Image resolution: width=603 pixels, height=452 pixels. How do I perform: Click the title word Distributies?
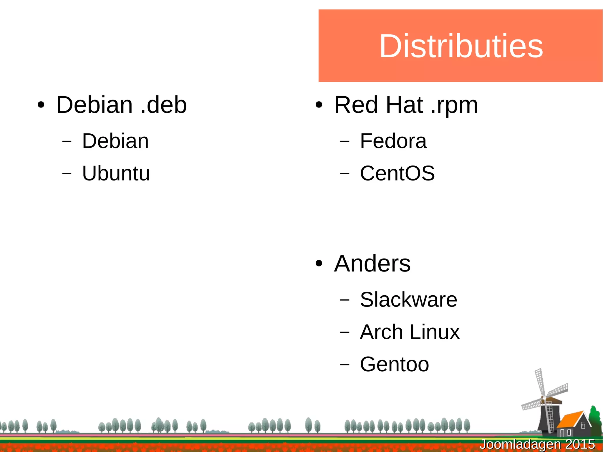461,46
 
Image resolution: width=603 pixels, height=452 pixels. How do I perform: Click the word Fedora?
393,141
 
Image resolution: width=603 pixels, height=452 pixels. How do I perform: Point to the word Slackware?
408,300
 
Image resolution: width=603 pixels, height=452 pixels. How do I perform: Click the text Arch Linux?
410,332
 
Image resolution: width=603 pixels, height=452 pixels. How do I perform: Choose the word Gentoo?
394,365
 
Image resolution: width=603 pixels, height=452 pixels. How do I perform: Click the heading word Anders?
372,264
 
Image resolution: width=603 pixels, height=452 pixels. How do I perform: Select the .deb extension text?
164,105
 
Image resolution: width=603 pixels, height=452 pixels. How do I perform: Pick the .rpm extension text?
454,105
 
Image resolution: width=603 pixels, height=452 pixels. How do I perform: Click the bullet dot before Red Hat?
319,105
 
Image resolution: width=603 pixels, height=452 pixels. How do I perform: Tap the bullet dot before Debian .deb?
41,105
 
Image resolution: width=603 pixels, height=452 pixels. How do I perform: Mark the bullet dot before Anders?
319,264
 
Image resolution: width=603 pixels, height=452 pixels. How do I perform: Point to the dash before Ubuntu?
67,173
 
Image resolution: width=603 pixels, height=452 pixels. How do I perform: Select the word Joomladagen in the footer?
520,444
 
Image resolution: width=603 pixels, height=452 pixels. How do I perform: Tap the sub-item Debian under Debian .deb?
115,141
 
